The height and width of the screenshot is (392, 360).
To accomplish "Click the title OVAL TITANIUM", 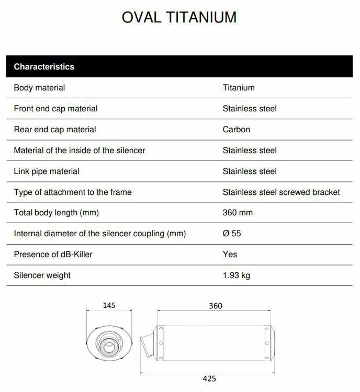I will tap(179, 17).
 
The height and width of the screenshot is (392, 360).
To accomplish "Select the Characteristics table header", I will tap(44, 67).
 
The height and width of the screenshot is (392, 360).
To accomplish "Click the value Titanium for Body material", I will tap(239, 88).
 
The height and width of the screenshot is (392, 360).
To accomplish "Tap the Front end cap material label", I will tap(55, 109).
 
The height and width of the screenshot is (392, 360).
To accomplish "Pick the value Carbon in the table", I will tap(237, 130).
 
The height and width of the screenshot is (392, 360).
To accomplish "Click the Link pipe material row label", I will tap(47, 171).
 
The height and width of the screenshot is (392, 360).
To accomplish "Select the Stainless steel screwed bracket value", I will tap(281, 192).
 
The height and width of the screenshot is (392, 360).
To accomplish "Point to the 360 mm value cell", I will tap(238, 213).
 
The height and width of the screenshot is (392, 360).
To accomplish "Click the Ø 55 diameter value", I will tap(232, 234).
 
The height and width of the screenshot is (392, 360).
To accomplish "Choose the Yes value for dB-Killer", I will tap(230, 255).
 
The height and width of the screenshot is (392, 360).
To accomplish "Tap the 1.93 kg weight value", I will tap(237, 275).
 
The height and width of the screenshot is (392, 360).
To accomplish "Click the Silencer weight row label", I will tap(42, 275).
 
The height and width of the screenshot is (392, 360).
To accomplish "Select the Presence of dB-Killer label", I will tap(53, 255).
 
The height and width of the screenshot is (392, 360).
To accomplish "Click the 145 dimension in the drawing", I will tap(109, 305).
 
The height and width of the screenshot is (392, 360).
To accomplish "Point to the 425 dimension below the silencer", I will tap(209, 378).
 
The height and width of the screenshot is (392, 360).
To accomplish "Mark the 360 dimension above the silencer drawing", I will tap(216, 306).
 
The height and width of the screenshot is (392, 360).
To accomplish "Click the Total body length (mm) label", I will tap(56, 213).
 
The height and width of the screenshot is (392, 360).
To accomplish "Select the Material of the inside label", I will tap(79, 151).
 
